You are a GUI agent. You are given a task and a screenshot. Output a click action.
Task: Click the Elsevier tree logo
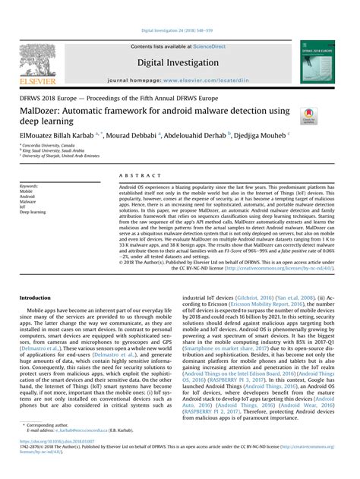click(x=38, y=60)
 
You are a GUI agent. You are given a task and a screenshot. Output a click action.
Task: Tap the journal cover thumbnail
click(x=317, y=62)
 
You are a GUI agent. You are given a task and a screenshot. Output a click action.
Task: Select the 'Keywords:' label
click(x=29, y=185)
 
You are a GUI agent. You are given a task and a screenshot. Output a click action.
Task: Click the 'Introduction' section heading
click(x=36, y=298)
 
